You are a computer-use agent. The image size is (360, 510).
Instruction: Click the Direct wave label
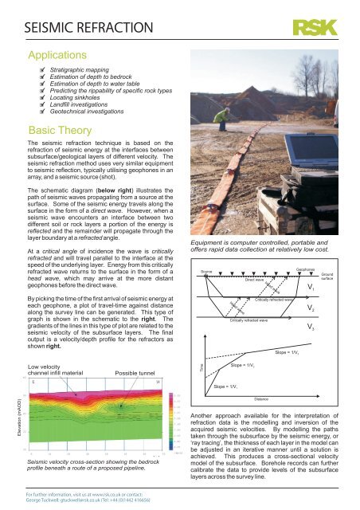pos(254,281)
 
